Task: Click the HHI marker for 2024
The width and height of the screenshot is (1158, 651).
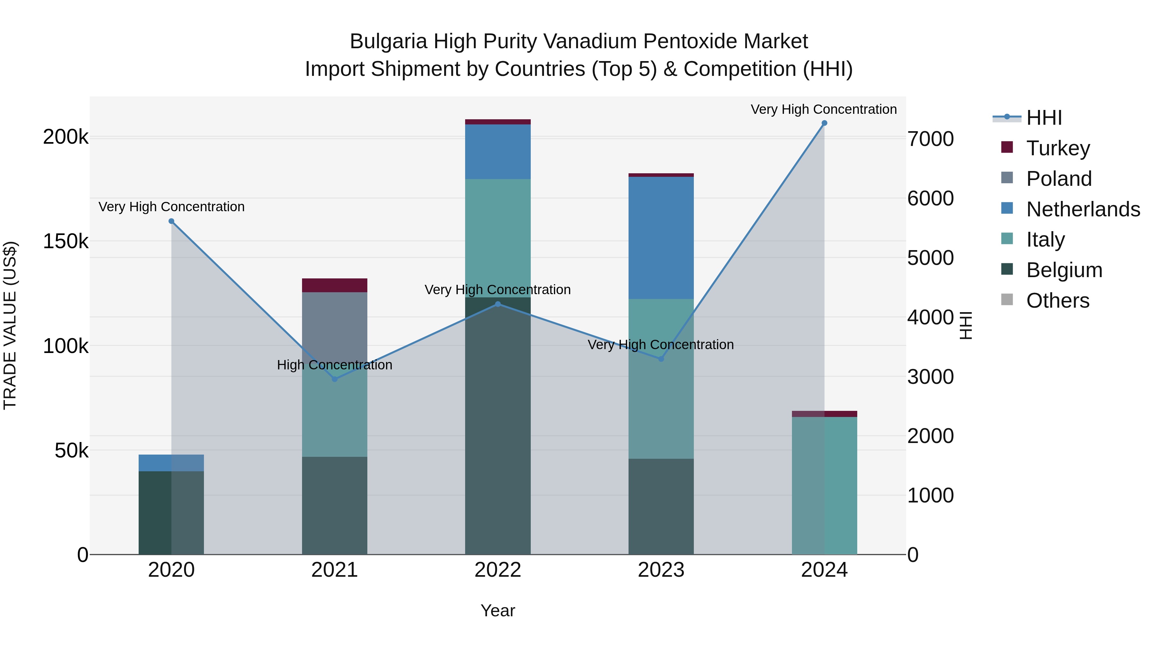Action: pyautogui.click(x=824, y=123)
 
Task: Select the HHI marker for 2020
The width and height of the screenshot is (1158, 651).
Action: pyautogui.click(x=171, y=221)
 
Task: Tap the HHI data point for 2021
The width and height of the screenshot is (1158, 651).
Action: pyautogui.click(x=335, y=379)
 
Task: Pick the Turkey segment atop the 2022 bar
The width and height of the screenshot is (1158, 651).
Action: pyautogui.click(x=498, y=122)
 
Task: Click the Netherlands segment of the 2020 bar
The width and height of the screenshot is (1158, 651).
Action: pyautogui.click(x=171, y=463)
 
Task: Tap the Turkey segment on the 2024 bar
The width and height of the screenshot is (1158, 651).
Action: pyautogui.click(x=824, y=414)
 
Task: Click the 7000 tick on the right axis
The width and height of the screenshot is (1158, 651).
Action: pyautogui.click(x=930, y=139)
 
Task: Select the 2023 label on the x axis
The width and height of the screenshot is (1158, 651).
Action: pyautogui.click(x=661, y=570)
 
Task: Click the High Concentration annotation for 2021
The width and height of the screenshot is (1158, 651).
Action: pyautogui.click(x=335, y=365)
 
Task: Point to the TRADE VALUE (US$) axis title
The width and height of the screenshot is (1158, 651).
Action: pyautogui.click(x=10, y=325)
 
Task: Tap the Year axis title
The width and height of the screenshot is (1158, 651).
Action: pyautogui.click(x=498, y=610)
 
